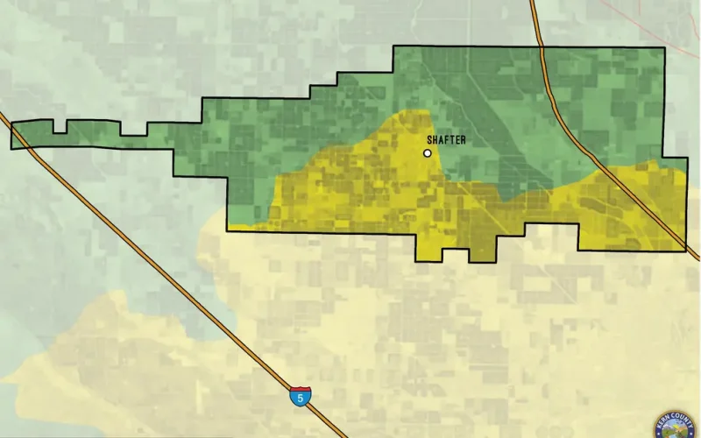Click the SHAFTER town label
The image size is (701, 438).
coord(446,140)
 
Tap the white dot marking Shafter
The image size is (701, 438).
coord(428,153)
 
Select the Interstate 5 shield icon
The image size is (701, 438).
coord(298,398)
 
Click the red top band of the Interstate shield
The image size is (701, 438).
coord(298,390)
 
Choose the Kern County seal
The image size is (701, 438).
coord(676,425)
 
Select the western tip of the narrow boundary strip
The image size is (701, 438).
coord(12,136)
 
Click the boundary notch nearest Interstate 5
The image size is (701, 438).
coord(60,131)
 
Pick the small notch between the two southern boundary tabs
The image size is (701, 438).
coord(455,251)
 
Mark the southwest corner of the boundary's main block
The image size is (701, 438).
coord(228,230)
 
